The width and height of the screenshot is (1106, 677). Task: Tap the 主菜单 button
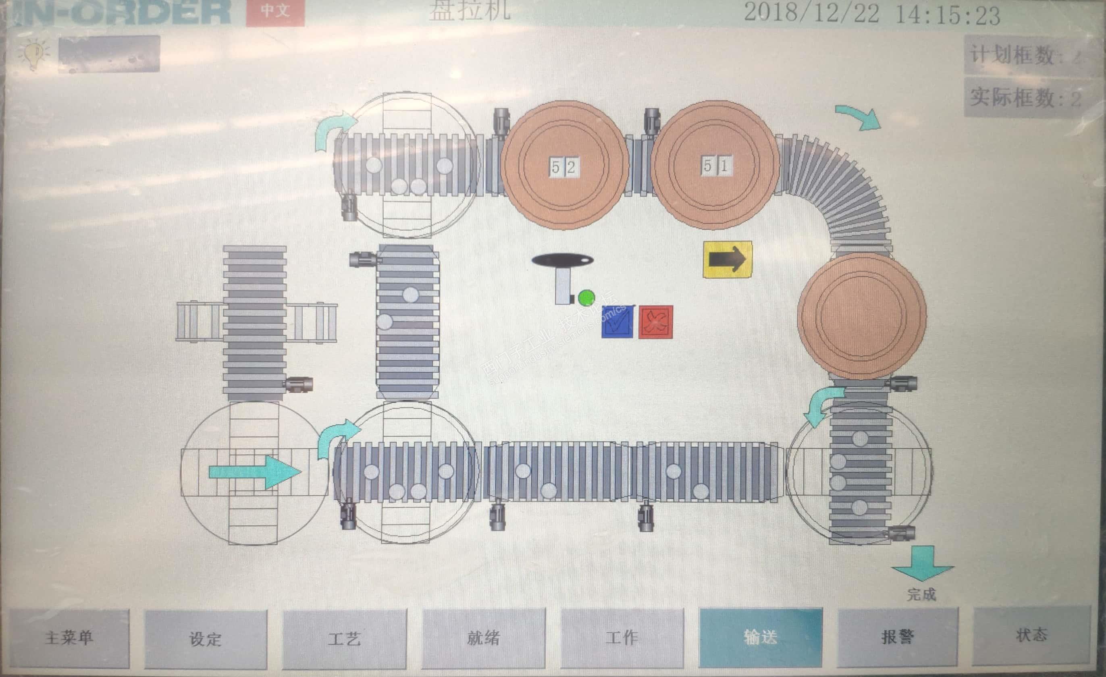point(69,637)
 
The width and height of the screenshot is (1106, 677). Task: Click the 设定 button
point(206,638)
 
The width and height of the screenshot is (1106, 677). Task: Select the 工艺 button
point(344,638)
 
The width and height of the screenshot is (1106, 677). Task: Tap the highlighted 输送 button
point(760,637)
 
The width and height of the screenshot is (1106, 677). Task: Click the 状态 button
point(1031,635)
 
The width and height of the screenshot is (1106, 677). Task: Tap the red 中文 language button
point(275,11)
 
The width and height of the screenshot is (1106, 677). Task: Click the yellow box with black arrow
point(727,259)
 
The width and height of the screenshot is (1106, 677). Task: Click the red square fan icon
point(655,322)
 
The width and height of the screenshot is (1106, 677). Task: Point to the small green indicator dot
point(586,297)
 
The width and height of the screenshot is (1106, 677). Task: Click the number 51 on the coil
point(715,166)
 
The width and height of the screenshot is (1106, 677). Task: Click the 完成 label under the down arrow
point(921,594)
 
